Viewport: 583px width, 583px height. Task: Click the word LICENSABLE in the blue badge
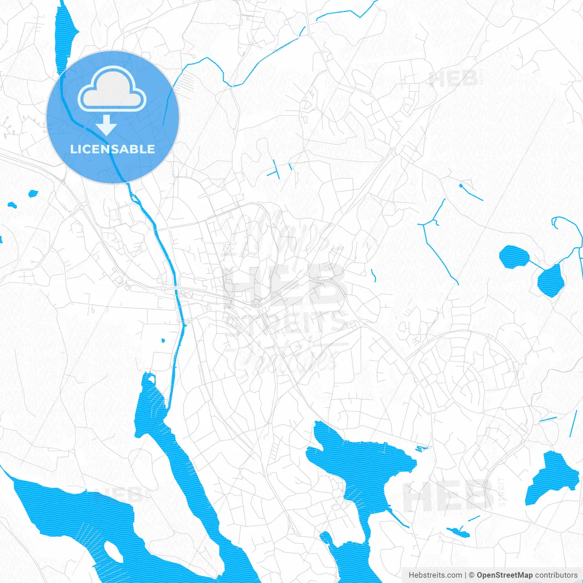tap(113, 149)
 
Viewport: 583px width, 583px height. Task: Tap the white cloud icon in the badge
tap(112, 89)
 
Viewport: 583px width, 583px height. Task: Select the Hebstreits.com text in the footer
tap(435, 575)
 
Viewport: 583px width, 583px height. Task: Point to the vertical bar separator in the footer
tap(465, 575)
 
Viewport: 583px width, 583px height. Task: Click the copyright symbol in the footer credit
tap(472, 575)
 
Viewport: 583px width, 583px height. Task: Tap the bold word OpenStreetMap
tap(504, 575)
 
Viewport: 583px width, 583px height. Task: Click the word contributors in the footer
tap(556, 575)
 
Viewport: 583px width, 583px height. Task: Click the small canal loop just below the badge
tap(134, 198)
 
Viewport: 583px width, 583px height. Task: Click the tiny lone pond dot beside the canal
tap(163, 340)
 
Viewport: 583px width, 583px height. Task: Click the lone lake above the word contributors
tap(552, 478)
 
